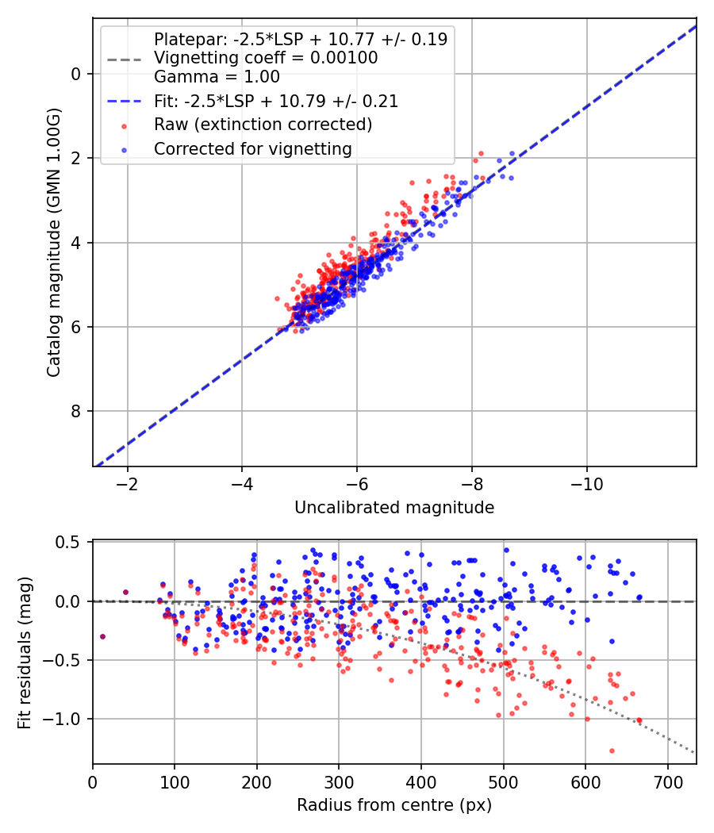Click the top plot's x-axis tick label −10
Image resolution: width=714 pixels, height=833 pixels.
coord(586,484)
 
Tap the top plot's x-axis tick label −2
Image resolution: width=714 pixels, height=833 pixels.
coord(127,484)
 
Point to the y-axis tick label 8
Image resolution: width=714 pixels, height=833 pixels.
coord(76,411)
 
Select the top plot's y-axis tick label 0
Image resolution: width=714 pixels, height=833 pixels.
coord(76,74)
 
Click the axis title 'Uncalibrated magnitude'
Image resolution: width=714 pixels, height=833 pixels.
coord(394,508)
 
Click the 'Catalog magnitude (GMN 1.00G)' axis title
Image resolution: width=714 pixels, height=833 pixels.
coord(53,243)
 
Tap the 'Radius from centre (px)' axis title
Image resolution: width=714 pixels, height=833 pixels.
coord(394,805)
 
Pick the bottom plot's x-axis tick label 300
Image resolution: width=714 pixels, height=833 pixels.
coord(339,782)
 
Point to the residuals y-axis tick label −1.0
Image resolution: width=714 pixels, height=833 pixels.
coord(63,719)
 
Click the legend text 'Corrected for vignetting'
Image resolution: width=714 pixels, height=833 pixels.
coord(253,149)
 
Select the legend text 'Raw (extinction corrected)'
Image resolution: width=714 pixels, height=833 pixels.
coord(263,125)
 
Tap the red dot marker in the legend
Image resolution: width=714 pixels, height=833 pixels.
coord(125,126)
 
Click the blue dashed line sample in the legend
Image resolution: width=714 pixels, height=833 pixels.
coord(125,102)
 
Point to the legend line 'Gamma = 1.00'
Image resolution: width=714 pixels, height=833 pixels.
coord(217,77)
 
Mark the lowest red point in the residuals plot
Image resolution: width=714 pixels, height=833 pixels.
coord(612,750)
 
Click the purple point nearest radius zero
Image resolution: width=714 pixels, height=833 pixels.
coord(102,636)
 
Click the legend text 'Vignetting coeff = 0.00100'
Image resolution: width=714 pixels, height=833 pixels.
coord(266,58)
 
